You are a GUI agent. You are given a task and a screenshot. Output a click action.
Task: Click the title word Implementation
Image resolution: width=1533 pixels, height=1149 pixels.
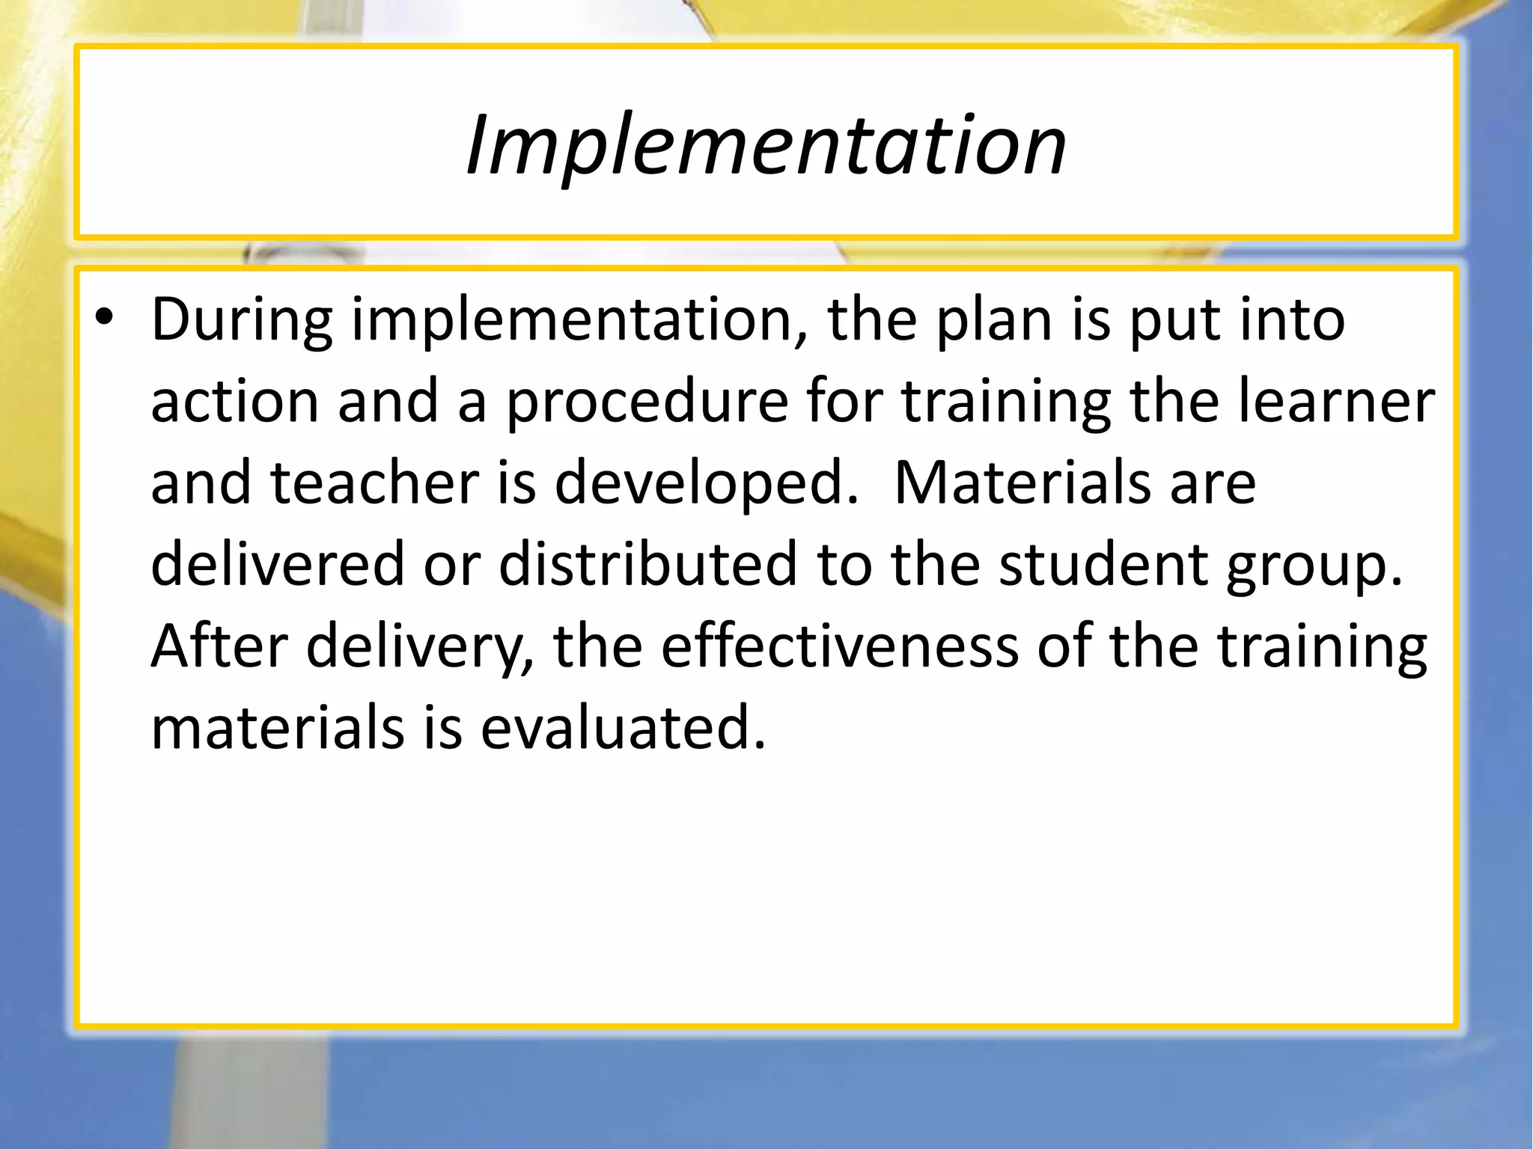[765, 144]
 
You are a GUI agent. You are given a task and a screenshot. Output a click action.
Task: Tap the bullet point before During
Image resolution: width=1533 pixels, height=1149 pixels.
[104, 319]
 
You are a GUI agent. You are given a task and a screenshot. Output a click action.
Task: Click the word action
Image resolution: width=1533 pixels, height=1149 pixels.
[235, 402]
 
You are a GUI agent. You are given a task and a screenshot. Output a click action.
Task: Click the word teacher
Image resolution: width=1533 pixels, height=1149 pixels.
[374, 482]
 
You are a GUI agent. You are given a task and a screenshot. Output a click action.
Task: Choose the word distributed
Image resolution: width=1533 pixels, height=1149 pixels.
[647, 563]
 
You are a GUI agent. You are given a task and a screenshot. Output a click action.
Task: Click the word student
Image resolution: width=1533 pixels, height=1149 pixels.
[1103, 563]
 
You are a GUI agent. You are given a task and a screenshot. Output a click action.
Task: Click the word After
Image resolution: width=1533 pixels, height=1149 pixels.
[219, 645]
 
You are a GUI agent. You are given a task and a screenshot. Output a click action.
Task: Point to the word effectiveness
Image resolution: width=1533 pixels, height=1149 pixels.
[839, 645]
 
